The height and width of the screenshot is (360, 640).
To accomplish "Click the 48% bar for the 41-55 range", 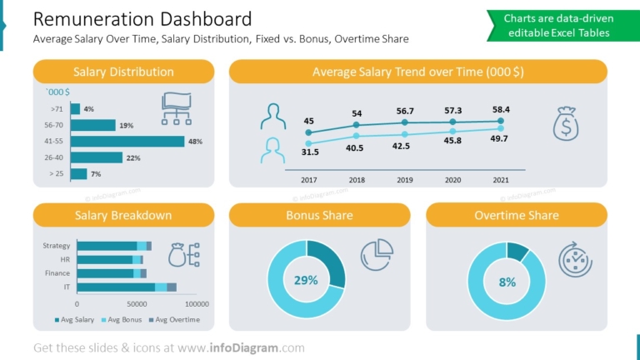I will (x=127, y=141).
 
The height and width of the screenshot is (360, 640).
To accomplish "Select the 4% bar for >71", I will (x=75, y=108).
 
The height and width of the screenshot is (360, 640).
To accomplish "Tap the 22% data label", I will (x=132, y=157).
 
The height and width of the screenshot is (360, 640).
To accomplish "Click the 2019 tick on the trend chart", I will (x=405, y=180).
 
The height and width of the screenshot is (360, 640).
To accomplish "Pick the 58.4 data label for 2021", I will (x=501, y=109).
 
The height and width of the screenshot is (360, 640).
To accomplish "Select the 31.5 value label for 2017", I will (x=310, y=152).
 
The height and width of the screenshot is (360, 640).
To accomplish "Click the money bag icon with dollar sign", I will (x=566, y=123).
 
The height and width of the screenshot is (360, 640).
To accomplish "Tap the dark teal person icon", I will (x=272, y=116).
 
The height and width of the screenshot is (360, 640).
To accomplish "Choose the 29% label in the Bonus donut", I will (x=306, y=280).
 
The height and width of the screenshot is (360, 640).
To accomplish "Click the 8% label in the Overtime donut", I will (x=507, y=282).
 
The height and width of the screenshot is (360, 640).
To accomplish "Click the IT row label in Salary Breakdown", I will (x=66, y=287).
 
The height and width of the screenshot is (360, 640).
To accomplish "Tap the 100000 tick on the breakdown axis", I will (x=197, y=304).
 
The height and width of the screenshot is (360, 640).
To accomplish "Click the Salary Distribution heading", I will (x=123, y=72).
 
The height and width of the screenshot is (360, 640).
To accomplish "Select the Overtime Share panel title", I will (x=516, y=215).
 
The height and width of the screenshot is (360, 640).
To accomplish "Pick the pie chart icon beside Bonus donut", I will (x=377, y=254).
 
